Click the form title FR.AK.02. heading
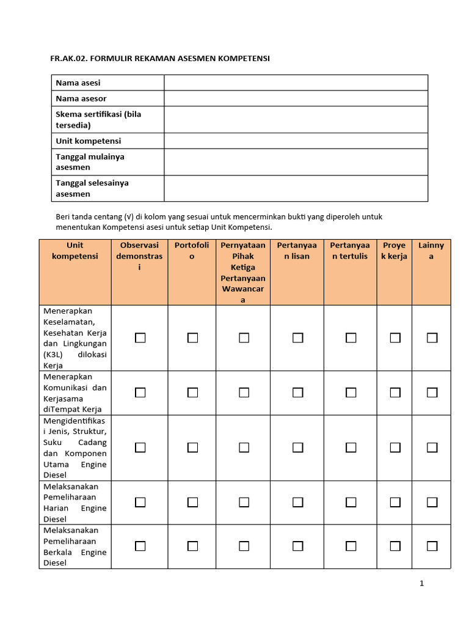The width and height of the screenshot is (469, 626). click(x=159, y=59)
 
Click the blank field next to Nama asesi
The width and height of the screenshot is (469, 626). click(x=296, y=83)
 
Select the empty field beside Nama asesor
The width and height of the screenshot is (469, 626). click(x=296, y=98)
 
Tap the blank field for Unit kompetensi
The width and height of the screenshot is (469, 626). click(x=296, y=141)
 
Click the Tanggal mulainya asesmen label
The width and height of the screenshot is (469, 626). click(x=90, y=162)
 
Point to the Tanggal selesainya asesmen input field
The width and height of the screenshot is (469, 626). click(x=296, y=188)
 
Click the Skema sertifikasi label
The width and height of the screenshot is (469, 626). click(x=98, y=120)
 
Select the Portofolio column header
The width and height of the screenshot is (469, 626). click(x=192, y=251)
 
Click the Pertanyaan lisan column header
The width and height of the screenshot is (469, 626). click(x=297, y=251)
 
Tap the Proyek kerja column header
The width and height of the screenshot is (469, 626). click(x=394, y=251)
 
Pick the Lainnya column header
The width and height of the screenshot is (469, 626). click(x=431, y=251)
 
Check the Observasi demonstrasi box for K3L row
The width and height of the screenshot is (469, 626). click(x=140, y=337)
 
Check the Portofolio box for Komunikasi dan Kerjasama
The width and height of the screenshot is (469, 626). click(x=192, y=392)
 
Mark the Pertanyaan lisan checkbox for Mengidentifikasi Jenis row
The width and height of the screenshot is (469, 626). click(x=297, y=447)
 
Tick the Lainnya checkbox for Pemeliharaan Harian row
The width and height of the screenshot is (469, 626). click(x=432, y=502)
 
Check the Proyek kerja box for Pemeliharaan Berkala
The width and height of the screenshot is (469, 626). click(x=395, y=546)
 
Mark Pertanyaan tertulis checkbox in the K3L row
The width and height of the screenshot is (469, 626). click(x=351, y=337)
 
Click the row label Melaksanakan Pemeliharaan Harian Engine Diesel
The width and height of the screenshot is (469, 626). click(x=75, y=503)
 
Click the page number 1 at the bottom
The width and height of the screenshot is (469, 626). click(x=421, y=583)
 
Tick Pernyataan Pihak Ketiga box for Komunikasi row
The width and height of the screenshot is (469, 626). click(x=244, y=392)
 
